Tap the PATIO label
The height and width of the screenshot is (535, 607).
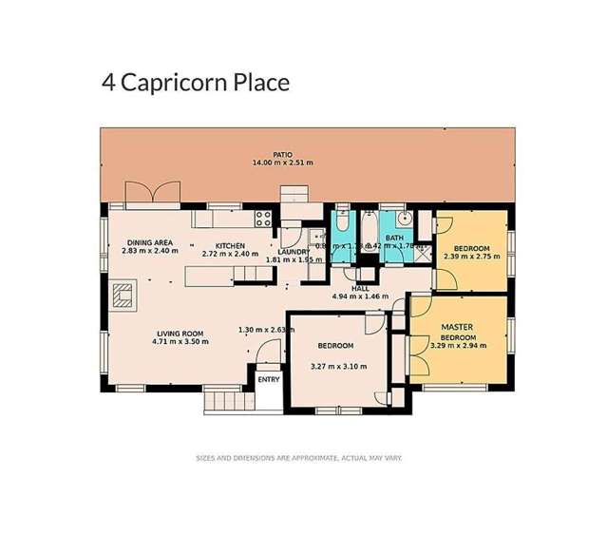pyautogui.click(x=282, y=154)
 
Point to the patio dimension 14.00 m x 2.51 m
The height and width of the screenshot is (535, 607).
pyautogui.click(x=282, y=163)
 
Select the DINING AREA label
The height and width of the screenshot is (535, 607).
pyautogui.click(x=149, y=244)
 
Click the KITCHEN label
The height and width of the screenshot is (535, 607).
pyautogui.click(x=230, y=245)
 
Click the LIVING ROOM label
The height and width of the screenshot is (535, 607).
pyautogui.click(x=180, y=333)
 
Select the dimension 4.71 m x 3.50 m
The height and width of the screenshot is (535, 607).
pyautogui.click(x=180, y=342)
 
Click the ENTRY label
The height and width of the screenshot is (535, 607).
pyautogui.click(x=269, y=380)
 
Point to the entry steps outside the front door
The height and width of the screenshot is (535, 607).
pyautogui.click(x=225, y=400)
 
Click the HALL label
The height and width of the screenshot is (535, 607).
pyautogui.click(x=360, y=288)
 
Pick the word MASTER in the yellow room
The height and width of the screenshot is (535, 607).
pyautogui.click(x=456, y=328)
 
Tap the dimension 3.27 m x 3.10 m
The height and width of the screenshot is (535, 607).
pyautogui.click(x=338, y=365)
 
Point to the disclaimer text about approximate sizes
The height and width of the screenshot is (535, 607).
pyautogui.click(x=298, y=457)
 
